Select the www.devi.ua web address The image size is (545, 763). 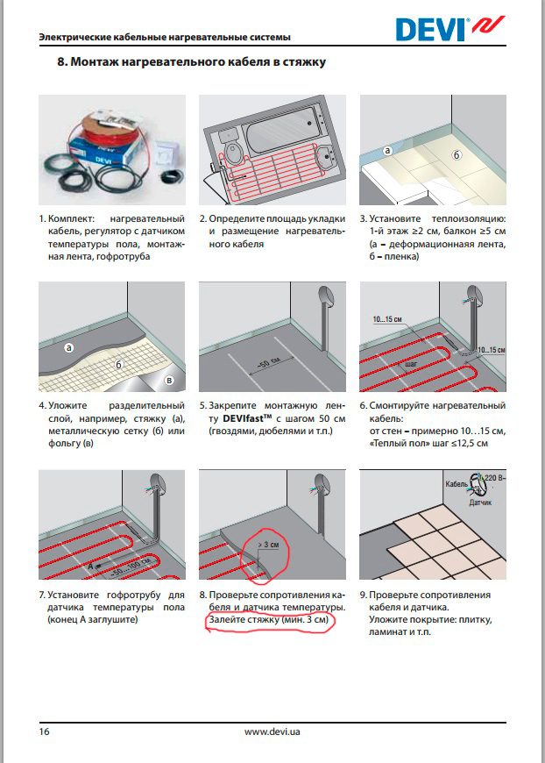coord(275,731)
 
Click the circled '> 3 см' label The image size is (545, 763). coord(269,545)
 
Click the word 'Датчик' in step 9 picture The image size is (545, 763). coord(479,504)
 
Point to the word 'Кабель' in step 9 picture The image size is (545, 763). coord(457,484)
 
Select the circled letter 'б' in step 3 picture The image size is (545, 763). coord(457,154)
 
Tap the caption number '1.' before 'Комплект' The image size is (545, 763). coord(41,217)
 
